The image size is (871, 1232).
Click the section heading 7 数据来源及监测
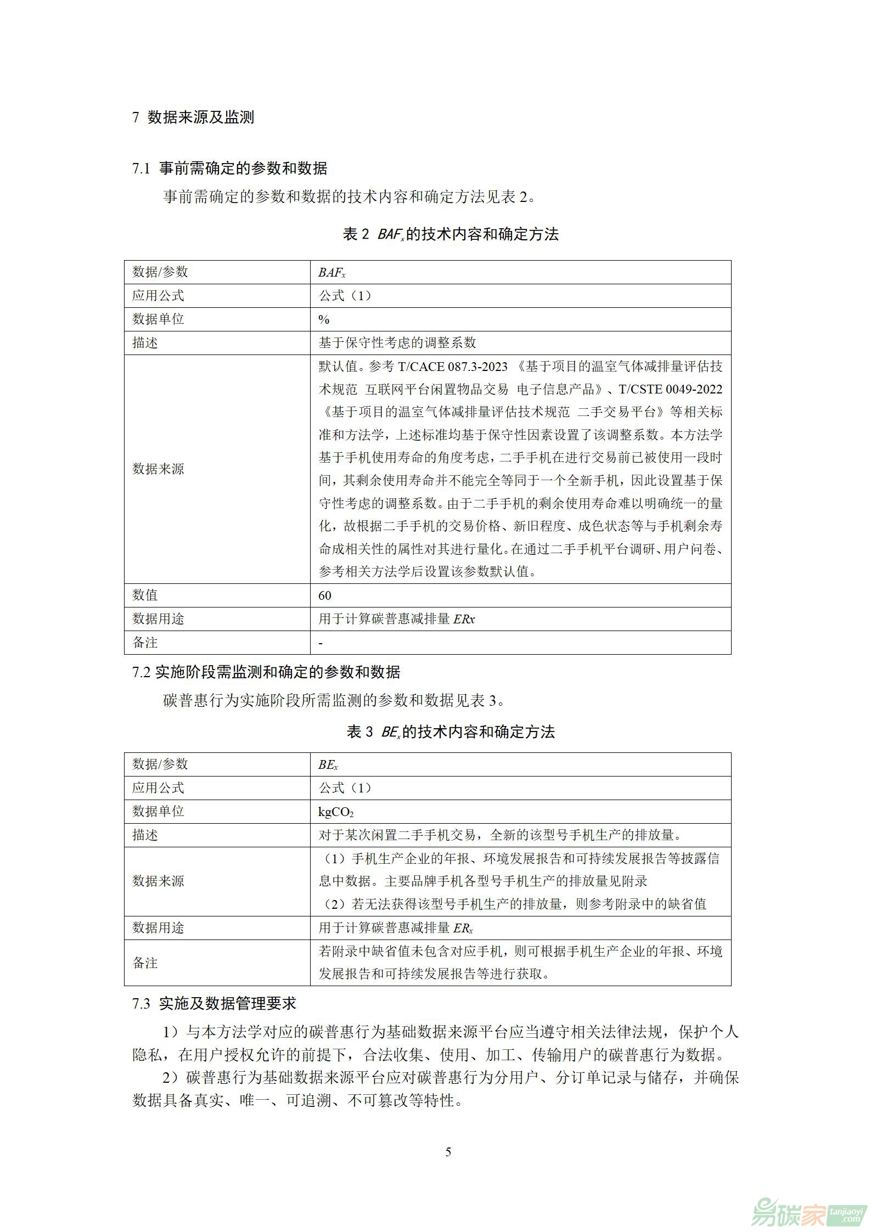193,117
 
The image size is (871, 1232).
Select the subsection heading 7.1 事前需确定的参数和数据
229,168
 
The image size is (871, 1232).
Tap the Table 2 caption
450,234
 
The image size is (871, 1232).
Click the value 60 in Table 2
325,595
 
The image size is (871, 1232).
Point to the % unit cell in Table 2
324,319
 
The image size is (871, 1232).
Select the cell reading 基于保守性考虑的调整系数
397,343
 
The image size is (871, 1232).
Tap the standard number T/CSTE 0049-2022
670,389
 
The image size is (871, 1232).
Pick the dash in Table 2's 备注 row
321,643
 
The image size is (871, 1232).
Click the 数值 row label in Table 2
145,595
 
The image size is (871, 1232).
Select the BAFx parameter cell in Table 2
331,273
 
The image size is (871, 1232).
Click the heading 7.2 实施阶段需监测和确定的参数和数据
266,672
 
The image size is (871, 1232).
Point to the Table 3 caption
450,732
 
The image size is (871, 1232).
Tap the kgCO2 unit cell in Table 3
336,812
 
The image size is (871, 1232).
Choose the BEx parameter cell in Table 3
328,765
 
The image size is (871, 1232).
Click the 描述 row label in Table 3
145,835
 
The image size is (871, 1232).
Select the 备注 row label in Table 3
145,963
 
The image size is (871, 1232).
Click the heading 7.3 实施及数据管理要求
214,1004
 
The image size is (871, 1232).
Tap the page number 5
448,1152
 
